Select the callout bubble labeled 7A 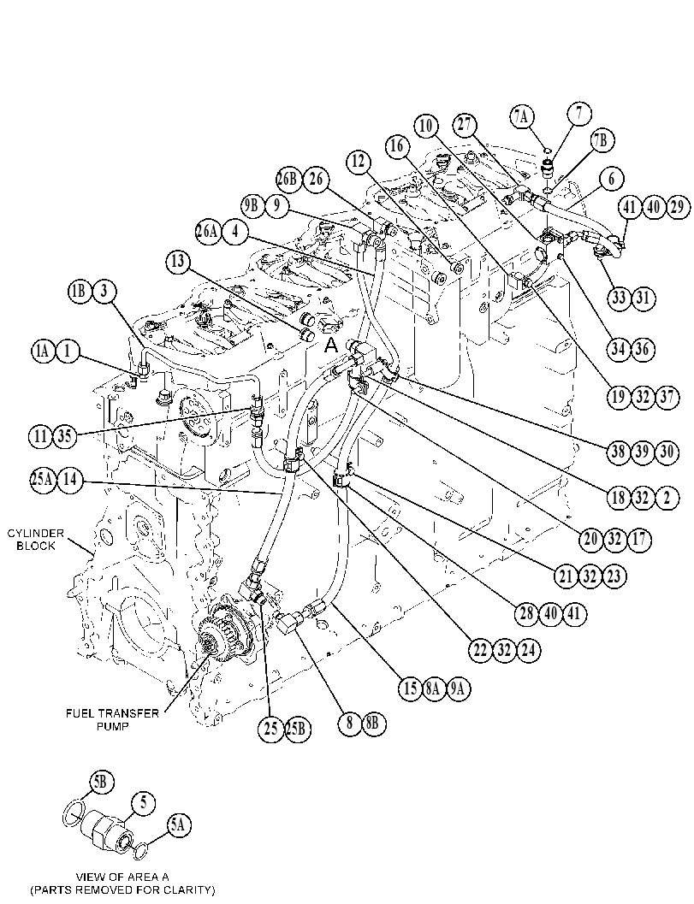coord(521,117)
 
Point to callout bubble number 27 coord(465,125)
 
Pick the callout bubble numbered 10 coord(426,125)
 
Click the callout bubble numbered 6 coord(612,180)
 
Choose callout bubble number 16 coord(397,146)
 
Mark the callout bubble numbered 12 coord(359,162)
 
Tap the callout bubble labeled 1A coord(43,352)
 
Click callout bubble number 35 coord(65,436)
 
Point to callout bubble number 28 coord(526,613)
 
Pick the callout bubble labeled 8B coord(372,723)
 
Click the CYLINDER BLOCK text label coord(36,540)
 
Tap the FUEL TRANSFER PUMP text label coord(112,719)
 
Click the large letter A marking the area coord(330,346)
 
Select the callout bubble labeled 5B coord(102,783)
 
